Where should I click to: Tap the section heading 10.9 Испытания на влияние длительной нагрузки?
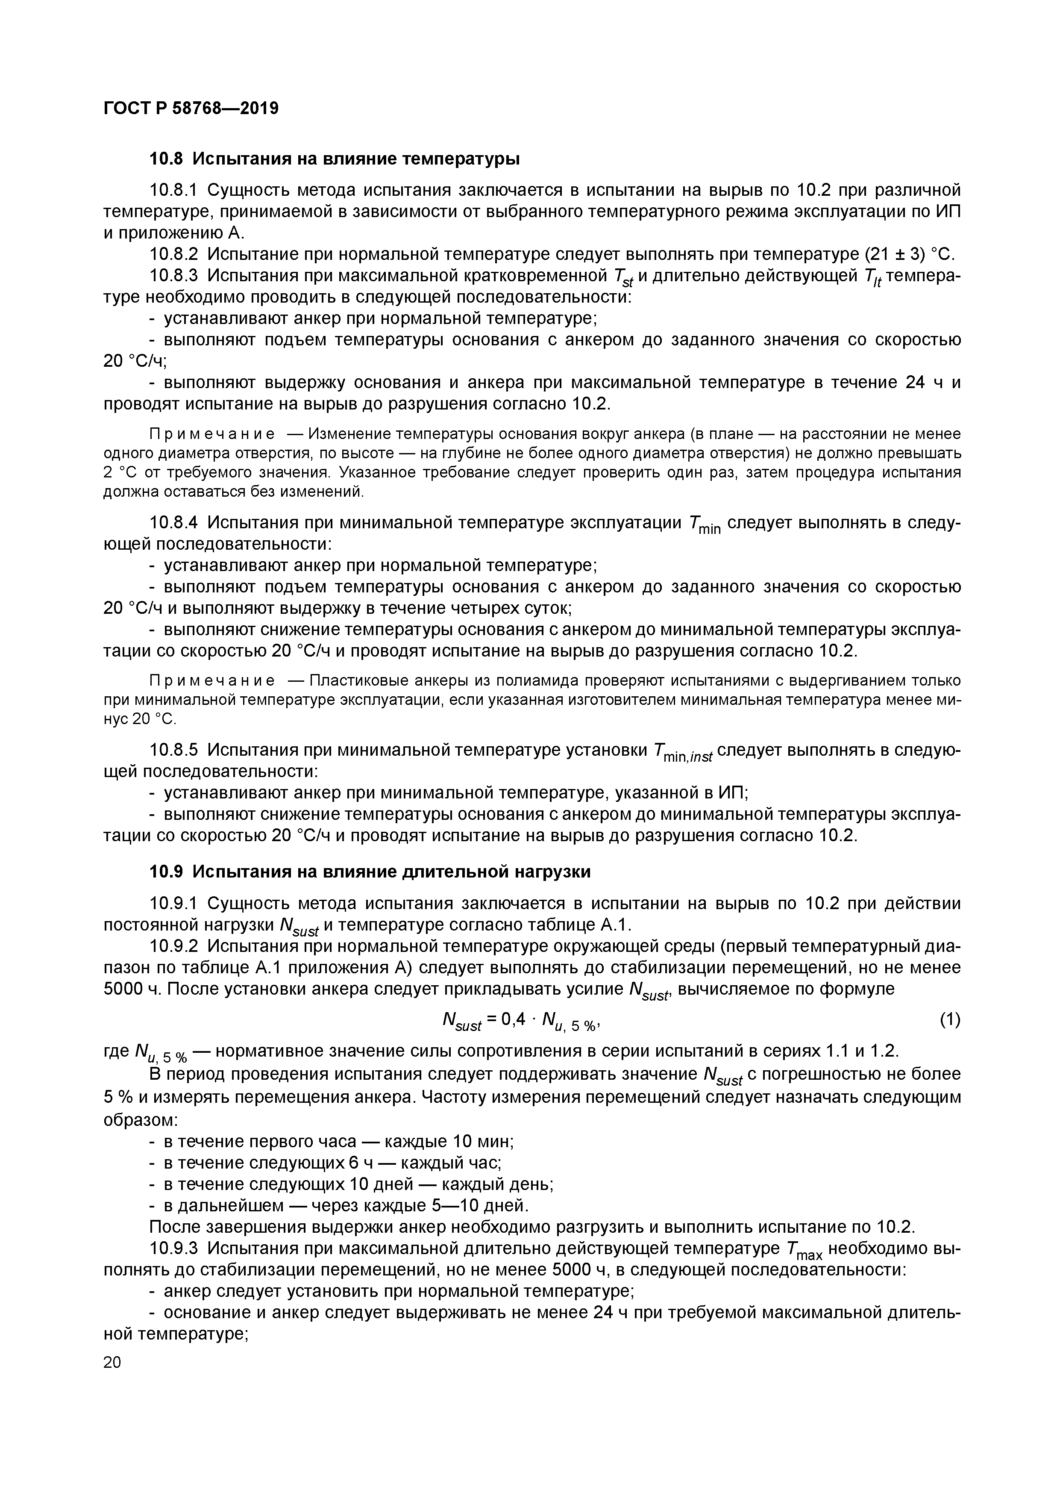tap(370, 872)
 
